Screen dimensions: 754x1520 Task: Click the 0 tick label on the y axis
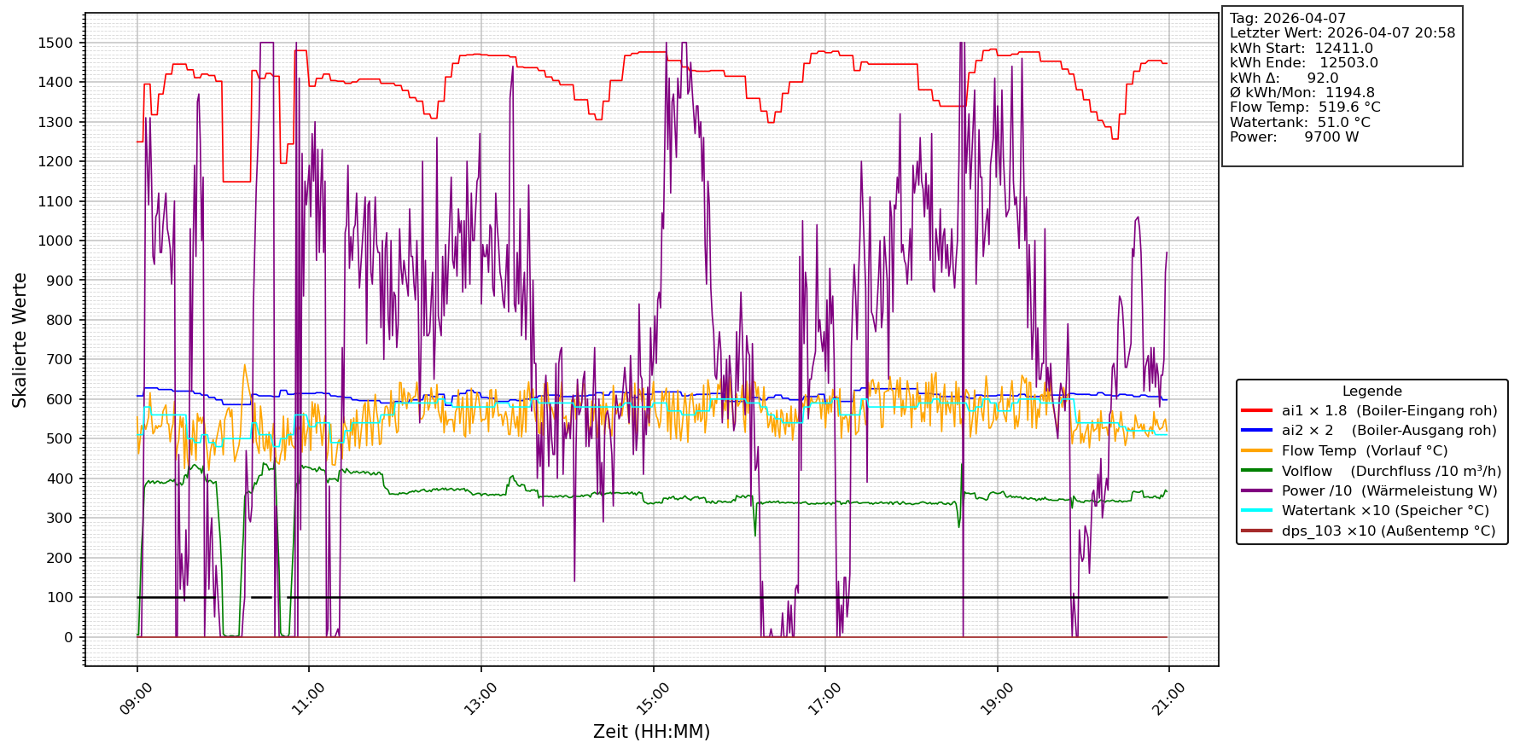pyautogui.click(x=68, y=637)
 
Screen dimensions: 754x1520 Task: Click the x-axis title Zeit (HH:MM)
pyautogui.click(x=651, y=732)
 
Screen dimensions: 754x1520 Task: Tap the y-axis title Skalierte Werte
pyautogui.click(x=20, y=339)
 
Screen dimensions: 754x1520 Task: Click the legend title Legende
pyautogui.click(x=1371, y=391)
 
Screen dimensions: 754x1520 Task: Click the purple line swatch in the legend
pyautogui.click(x=1256, y=491)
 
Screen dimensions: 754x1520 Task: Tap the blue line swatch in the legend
pyautogui.click(x=1256, y=431)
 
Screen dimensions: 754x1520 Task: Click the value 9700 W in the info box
pyautogui.click(x=1331, y=137)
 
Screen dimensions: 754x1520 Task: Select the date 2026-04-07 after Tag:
pyautogui.click(x=1304, y=19)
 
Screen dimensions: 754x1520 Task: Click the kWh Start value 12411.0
pyautogui.click(x=1343, y=49)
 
